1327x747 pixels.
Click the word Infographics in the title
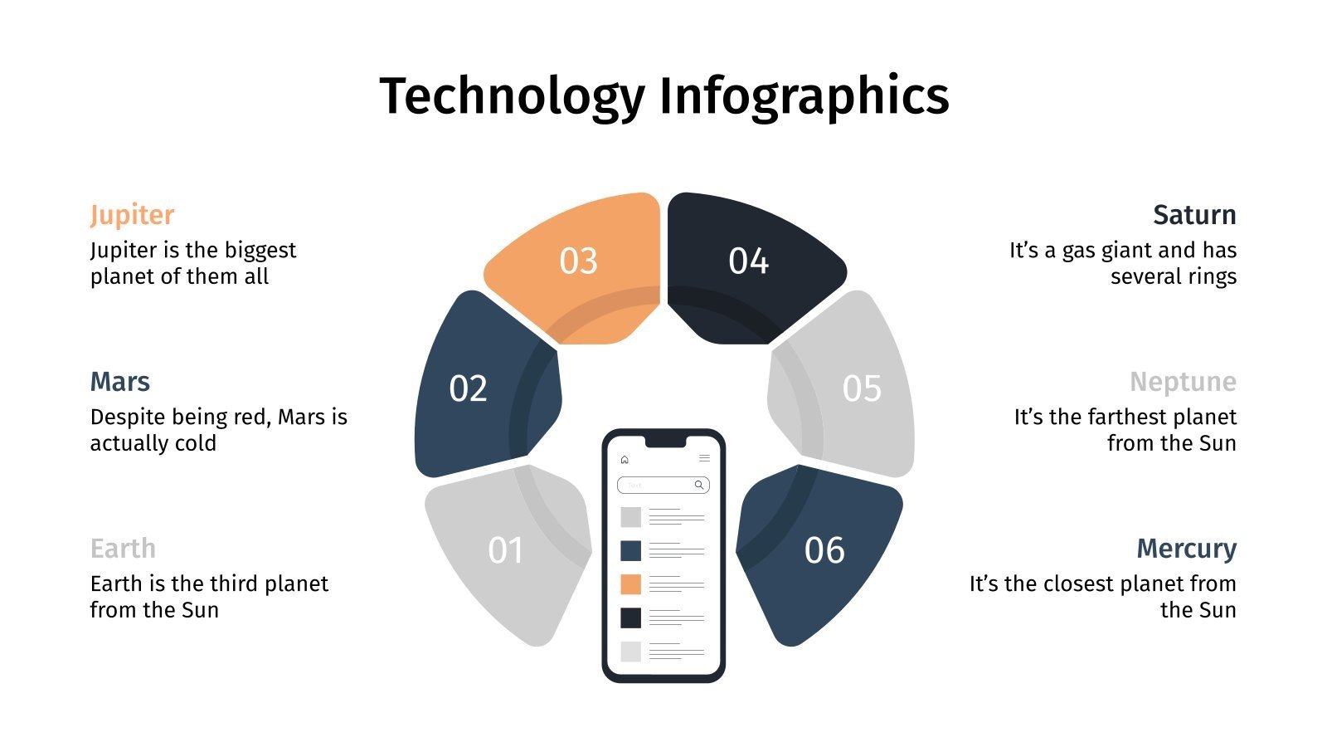pos(804,96)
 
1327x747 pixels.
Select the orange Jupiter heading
pos(132,215)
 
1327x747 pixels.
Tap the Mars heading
pos(119,382)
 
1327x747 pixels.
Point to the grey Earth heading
pos(123,549)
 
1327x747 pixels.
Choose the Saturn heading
pos(1194,215)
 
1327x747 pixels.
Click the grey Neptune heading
pos(1183,382)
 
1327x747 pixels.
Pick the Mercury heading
pos(1186,549)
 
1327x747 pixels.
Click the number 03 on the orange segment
pos(578,261)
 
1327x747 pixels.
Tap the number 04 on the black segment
pos(748,261)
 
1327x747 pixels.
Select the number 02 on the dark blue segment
pos(468,388)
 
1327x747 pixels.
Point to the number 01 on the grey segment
pos(505,550)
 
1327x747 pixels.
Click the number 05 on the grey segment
pos(862,388)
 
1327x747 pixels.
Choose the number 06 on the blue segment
pos(824,550)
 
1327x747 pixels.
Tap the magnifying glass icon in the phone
pos(699,485)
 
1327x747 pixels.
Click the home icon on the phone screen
pos(625,459)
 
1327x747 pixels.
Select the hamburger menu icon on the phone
pos(704,458)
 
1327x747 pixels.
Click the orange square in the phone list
pos(631,584)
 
